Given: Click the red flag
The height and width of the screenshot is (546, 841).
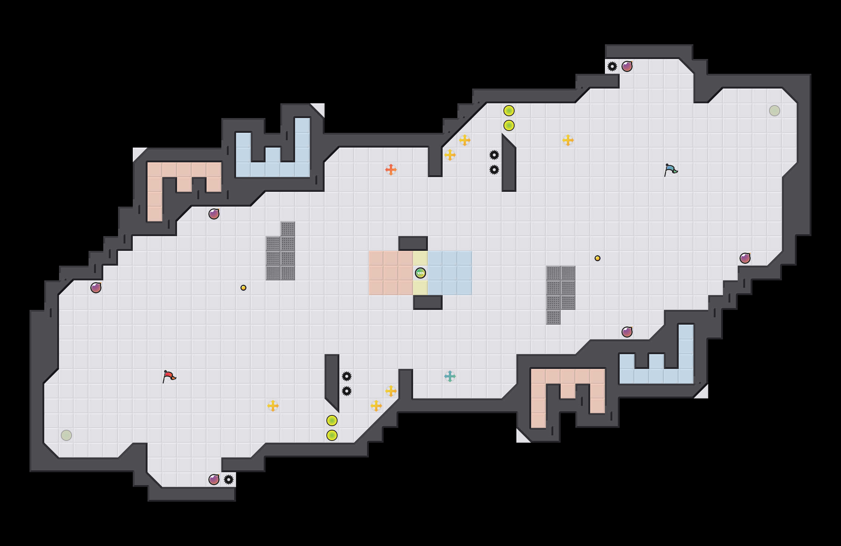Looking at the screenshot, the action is [169, 376].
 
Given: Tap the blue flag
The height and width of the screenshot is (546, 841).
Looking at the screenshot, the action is [671, 170].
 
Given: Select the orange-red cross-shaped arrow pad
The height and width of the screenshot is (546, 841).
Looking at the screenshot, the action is [391, 170].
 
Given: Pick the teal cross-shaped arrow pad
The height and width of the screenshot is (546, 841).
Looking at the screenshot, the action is [450, 376].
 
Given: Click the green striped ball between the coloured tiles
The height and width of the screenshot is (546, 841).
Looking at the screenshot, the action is [420, 273].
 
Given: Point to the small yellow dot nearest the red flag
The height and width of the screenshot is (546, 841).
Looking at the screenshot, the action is [243, 288].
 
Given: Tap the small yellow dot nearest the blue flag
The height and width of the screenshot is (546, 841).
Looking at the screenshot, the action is [597, 258].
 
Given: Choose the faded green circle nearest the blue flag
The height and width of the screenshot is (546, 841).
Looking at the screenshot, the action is [774, 111].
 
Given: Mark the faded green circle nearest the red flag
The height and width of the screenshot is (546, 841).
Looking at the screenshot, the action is [66, 435].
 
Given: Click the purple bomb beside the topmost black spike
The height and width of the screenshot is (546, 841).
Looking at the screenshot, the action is [627, 66].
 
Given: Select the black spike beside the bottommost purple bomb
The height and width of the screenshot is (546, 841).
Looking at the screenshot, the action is [229, 480].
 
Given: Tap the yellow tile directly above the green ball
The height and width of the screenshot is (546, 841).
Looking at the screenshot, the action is [420, 258].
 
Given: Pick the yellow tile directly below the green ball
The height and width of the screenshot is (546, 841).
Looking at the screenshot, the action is [420, 288].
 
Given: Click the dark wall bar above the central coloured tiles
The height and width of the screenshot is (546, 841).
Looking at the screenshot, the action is [413, 243].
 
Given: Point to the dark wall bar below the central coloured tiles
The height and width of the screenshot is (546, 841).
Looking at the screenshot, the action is [428, 303].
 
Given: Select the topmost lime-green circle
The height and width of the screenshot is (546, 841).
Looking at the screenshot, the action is [509, 111].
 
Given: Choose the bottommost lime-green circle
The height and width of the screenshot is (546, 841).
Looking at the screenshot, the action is [332, 435].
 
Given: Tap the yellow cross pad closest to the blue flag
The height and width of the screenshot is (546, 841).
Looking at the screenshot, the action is [568, 140].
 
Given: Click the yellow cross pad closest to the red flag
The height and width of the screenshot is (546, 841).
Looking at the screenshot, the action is [273, 406].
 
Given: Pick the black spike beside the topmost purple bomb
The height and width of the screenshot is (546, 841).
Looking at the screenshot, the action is [612, 66].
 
